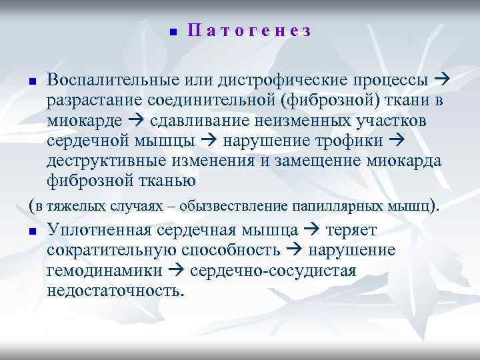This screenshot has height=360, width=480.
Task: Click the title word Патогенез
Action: [249, 31]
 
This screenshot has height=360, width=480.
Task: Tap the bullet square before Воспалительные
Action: [31, 82]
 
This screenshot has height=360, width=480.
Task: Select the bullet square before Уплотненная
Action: [31, 232]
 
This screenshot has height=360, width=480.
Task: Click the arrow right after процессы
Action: [442, 81]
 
